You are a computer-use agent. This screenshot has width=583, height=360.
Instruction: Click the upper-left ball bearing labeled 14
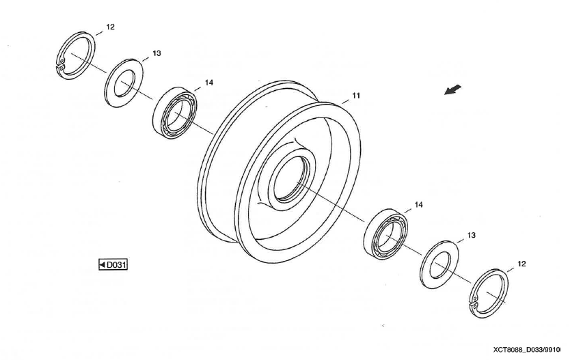click(158, 119)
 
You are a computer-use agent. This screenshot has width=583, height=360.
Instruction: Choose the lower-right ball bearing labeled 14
click(369, 242)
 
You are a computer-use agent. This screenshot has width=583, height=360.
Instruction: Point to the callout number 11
click(356, 96)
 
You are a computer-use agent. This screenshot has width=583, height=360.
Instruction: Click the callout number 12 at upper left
click(111, 27)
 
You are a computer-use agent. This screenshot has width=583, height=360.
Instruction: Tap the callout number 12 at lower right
click(521, 264)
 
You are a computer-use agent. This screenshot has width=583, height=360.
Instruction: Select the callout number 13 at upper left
click(157, 53)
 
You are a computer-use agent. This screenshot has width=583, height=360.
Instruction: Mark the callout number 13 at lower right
click(472, 235)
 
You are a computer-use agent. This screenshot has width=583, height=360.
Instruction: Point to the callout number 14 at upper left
click(209, 83)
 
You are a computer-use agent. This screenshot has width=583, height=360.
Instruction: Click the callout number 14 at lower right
click(419, 205)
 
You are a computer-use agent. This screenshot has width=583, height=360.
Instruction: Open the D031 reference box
click(113, 265)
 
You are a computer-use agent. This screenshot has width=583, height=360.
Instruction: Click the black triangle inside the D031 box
click(103, 265)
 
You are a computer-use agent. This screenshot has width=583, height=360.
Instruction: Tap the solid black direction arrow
click(453, 90)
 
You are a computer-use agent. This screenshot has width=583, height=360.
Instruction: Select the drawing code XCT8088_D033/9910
click(527, 350)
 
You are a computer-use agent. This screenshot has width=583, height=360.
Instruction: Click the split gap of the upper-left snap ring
click(59, 66)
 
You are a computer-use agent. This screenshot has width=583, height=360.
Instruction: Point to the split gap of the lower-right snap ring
click(474, 305)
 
